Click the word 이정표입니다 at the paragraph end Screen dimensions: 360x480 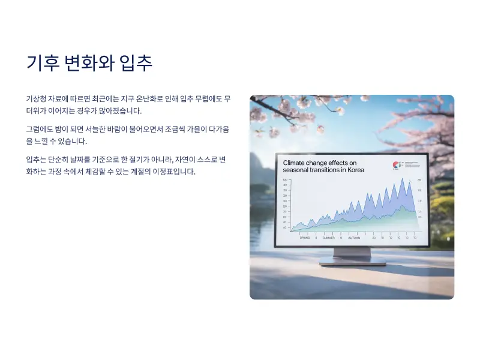click(x=176, y=172)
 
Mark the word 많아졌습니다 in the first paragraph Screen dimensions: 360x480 click(x=121, y=111)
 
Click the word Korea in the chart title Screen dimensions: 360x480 click(x=355, y=170)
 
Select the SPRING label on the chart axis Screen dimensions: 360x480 click(x=305, y=238)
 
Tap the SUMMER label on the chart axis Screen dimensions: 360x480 click(x=328, y=238)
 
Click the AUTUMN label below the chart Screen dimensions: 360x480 click(x=354, y=238)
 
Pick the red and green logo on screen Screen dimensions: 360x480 click(x=395, y=166)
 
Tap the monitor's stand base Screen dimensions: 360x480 click(x=345, y=262)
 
